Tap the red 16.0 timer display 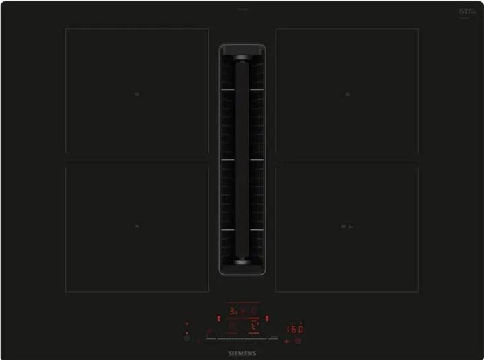(296, 330)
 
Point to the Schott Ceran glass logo (467, 13)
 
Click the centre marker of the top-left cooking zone (136, 94)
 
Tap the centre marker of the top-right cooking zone (348, 94)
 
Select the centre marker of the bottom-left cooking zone (136, 227)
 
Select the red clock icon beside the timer (298, 340)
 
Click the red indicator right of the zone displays (268, 318)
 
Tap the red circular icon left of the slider (210, 331)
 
